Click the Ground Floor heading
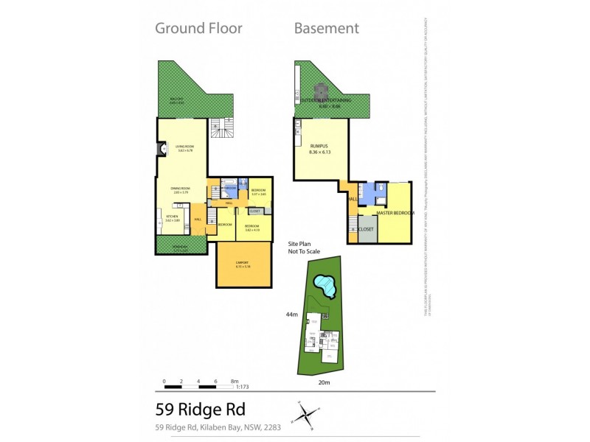(198, 29)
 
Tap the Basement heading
(326, 29)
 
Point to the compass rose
(305, 414)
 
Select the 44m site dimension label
(292, 314)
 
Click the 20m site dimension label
(324, 383)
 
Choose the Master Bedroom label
(395, 213)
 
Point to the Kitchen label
(172, 217)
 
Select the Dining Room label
(181, 189)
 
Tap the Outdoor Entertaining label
(326, 99)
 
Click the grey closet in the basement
(367, 228)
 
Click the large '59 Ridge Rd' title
(199, 410)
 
